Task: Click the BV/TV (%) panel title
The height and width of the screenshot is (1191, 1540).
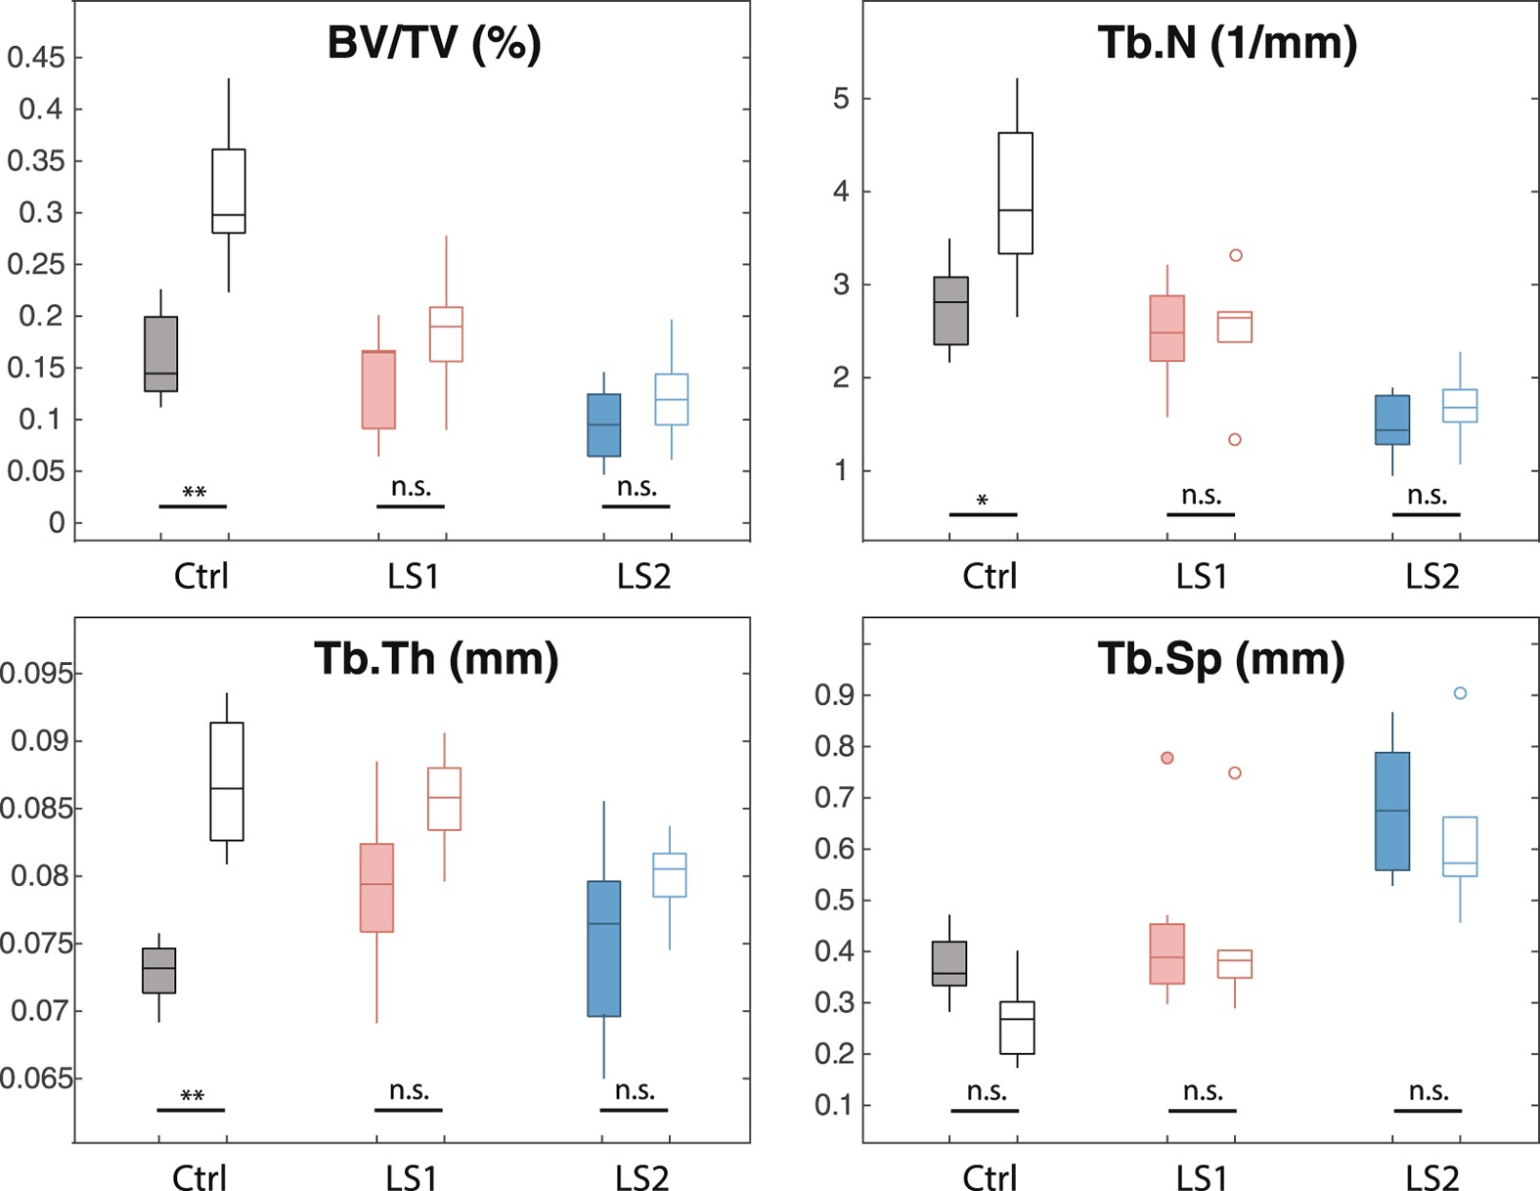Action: (433, 44)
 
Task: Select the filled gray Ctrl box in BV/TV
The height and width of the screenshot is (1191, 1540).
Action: (160, 354)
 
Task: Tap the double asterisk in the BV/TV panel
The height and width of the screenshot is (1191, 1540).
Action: (194, 492)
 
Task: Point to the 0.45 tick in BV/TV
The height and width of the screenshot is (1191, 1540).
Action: (36, 58)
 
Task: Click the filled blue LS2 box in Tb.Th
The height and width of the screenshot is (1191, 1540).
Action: (603, 948)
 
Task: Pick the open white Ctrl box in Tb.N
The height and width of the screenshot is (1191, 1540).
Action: (1015, 194)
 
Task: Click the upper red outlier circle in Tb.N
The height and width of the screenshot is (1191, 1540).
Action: (1235, 255)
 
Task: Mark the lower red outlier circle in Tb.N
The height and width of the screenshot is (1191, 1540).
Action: (1234, 440)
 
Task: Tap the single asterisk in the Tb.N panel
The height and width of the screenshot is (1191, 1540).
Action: (982, 501)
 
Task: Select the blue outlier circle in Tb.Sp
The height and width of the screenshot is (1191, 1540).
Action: (1460, 693)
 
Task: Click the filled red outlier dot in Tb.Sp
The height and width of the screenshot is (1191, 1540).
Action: (1166, 758)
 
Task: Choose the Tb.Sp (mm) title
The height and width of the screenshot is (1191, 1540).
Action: (1220, 659)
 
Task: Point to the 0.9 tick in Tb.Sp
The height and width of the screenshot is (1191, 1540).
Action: (833, 695)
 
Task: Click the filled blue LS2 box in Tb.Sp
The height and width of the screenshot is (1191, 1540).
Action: (1392, 811)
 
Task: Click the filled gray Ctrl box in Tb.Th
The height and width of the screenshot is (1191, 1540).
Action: (158, 970)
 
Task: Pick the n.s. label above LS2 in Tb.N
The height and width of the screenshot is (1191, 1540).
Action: (1427, 496)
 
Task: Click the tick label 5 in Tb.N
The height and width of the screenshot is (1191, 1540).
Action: (841, 99)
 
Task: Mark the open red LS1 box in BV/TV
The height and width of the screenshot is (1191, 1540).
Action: (446, 334)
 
